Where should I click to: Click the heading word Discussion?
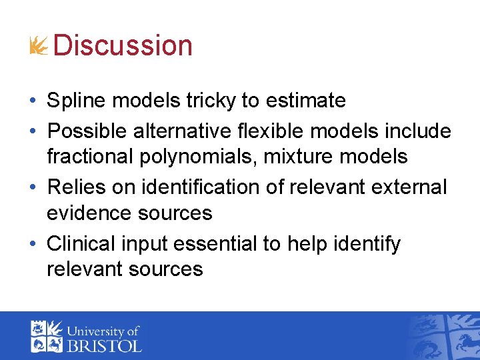click(123, 45)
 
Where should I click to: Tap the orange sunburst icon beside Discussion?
click(39, 46)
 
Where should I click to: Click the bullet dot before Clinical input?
click(33, 244)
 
